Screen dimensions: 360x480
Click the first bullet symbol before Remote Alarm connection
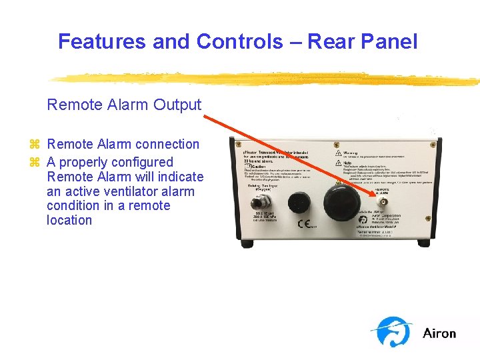pos(35,145)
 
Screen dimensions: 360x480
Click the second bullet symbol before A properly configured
pos(35,163)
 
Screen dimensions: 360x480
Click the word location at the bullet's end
pos(69,221)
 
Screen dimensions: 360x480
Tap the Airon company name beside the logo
pos(439,333)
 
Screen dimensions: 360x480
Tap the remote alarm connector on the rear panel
pos(383,201)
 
